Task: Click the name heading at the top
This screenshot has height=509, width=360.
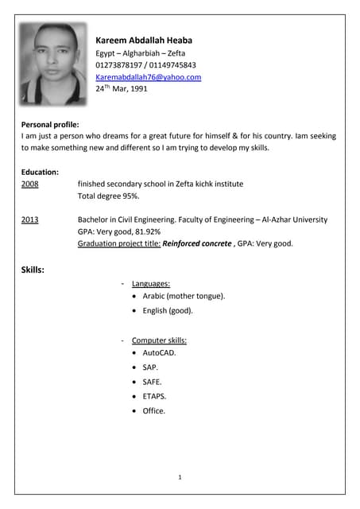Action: (x=144, y=41)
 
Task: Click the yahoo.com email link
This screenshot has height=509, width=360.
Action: (x=148, y=77)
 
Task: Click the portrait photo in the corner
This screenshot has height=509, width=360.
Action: (x=52, y=64)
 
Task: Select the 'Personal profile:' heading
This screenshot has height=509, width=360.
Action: (x=50, y=125)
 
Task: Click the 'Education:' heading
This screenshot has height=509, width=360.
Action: (x=40, y=172)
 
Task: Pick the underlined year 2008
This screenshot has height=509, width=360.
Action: (x=29, y=184)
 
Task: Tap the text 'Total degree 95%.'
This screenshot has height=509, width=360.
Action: (x=109, y=196)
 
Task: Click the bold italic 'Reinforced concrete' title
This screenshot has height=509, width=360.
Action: (x=196, y=243)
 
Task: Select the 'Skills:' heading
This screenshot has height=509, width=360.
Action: (x=33, y=270)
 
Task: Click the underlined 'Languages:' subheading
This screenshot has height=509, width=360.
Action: (x=151, y=284)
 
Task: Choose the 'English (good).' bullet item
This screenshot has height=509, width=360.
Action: (x=168, y=311)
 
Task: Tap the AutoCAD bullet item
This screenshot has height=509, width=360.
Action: (x=159, y=352)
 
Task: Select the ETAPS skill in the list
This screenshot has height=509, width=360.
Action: (x=154, y=396)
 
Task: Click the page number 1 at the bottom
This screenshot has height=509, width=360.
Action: (x=180, y=477)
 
